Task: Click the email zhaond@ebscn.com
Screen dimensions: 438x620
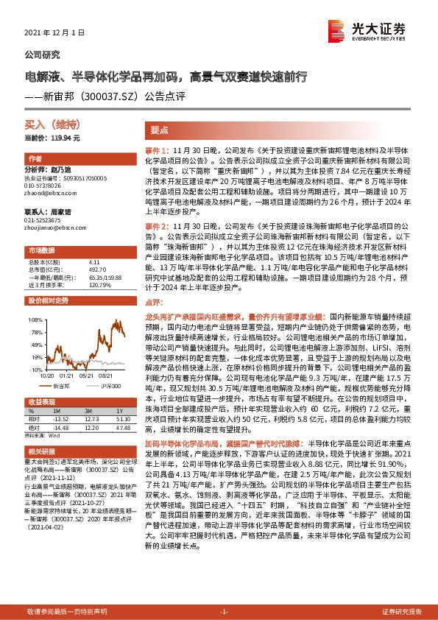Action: point(45,193)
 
